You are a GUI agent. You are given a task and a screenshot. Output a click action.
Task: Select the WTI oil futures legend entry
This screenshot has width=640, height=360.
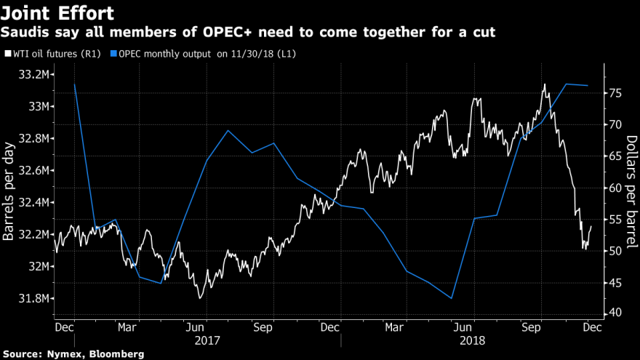coord(52,53)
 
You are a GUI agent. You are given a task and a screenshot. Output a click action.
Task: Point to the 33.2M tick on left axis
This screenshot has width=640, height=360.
coord(34,74)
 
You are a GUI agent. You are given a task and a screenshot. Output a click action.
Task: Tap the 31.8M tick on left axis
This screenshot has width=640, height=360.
coord(34,298)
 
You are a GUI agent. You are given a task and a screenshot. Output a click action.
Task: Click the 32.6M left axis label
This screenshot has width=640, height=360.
coord(34,170)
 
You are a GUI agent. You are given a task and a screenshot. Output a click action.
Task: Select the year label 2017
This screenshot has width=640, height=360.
coord(207,339)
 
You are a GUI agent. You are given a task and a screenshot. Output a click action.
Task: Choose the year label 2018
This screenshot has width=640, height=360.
coord(473,339)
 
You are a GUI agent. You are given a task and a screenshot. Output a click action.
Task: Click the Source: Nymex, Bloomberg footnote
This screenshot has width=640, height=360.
coord(73,353)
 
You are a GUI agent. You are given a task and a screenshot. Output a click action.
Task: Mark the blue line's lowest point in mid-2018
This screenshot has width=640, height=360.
coord(452,298)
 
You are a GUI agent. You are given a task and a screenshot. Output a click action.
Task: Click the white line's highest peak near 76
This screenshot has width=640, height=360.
coord(544,84)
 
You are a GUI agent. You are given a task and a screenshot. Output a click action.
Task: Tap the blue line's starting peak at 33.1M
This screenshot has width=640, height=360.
coord(74,84)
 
